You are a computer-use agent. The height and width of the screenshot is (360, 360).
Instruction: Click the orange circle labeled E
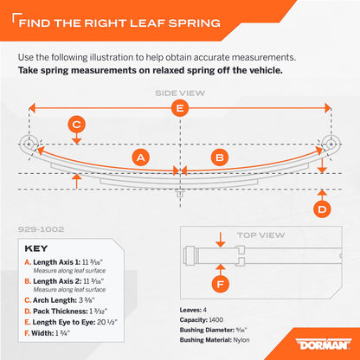(x=180, y=108)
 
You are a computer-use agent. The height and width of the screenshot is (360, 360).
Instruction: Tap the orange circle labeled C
(x=76, y=125)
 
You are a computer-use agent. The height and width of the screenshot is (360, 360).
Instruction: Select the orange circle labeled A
(x=141, y=157)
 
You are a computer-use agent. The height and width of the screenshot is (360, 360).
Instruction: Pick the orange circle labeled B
(x=220, y=157)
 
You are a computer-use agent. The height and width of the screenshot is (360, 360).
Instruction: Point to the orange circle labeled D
(x=322, y=209)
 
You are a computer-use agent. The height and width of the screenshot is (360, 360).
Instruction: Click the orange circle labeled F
(x=221, y=284)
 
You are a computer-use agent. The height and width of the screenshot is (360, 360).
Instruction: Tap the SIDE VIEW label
(x=180, y=93)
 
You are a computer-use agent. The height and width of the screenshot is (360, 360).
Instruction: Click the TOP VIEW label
(x=260, y=235)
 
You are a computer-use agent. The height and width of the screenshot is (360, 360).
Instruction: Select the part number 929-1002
(x=41, y=229)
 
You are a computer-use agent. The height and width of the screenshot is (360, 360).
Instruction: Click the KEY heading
(x=36, y=248)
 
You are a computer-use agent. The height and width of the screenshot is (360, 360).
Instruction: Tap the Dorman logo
(x=323, y=344)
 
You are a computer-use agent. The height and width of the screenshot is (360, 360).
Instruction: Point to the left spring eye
(x=29, y=144)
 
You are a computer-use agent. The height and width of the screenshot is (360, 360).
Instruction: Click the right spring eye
(x=331, y=144)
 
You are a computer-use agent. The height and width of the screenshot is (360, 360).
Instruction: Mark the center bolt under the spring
(x=180, y=193)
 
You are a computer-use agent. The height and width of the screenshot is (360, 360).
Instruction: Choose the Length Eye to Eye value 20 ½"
(x=107, y=322)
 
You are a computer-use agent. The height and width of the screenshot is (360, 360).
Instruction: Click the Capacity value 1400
(x=216, y=319)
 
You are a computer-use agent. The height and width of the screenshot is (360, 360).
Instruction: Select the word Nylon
(x=241, y=340)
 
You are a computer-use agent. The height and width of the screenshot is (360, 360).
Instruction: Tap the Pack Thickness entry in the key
(x=66, y=312)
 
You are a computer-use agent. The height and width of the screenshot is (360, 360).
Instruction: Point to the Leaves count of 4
(x=204, y=310)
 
